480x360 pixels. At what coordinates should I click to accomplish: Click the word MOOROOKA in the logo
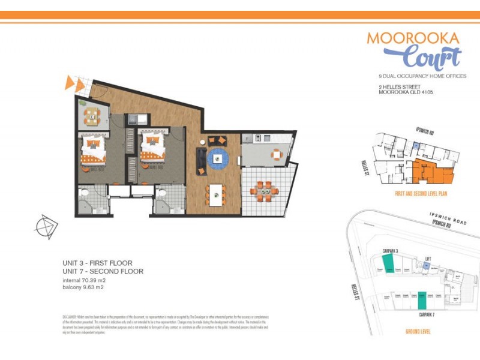(413, 38)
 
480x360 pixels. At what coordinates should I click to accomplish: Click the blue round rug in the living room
(218, 158)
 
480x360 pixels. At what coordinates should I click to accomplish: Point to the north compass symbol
(46, 227)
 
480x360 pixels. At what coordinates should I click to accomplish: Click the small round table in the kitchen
(275, 154)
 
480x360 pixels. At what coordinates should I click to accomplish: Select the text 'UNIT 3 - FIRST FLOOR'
(97, 263)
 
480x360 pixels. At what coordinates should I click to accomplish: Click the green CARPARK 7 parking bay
(422, 299)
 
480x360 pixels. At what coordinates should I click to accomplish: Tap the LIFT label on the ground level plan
(428, 259)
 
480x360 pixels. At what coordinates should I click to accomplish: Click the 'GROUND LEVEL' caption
(419, 331)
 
